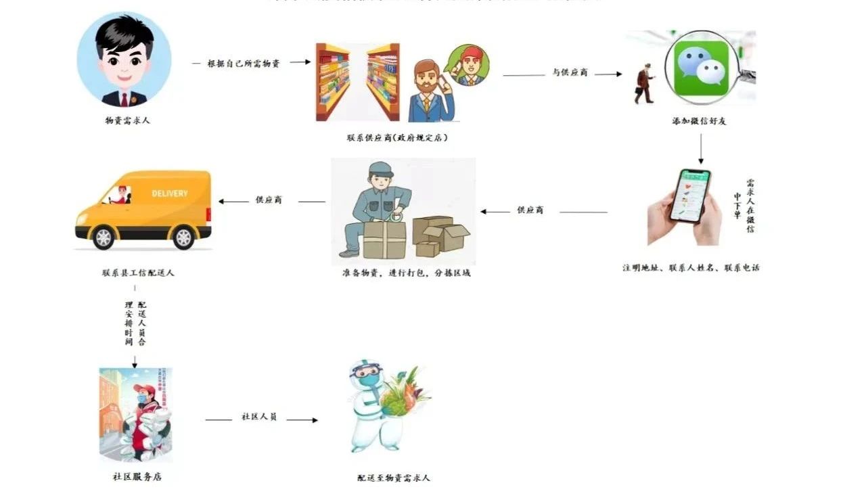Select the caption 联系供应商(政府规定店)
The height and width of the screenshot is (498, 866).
[398, 137]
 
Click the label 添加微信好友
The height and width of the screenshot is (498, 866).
[699, 121]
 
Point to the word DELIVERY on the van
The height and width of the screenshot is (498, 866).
[170, 194]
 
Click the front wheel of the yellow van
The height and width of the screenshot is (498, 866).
[104, 237]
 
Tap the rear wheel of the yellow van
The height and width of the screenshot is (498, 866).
[183, 237]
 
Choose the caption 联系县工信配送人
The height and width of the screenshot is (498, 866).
[138, 273]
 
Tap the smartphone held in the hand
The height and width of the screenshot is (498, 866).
[690, 195]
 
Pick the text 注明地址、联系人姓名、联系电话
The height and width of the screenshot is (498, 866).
[691, 267]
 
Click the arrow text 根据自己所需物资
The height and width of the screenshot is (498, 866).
[244, 63]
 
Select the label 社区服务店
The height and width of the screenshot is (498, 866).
[137, 476]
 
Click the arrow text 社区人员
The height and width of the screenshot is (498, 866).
[259, 417]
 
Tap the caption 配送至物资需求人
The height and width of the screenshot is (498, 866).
[394, 478]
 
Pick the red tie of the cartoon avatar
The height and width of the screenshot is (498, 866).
[124, 99]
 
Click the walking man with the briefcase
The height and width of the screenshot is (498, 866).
[644, 83]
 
